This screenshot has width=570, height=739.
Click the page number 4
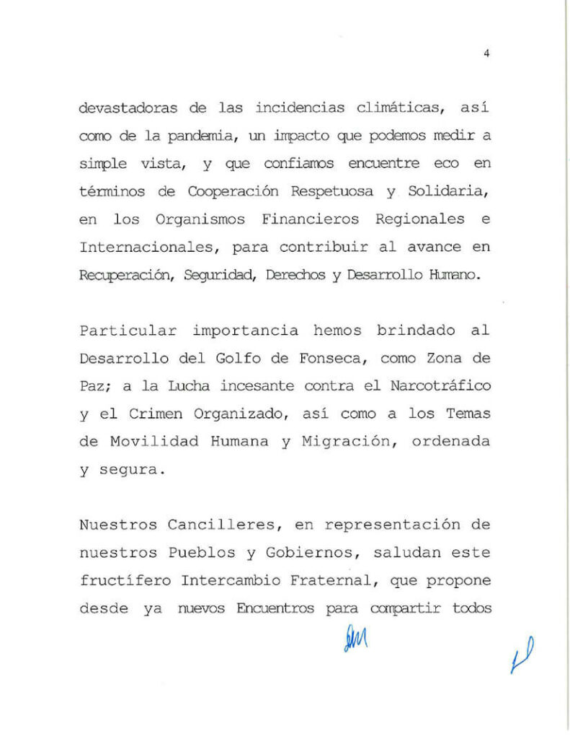point(487,52)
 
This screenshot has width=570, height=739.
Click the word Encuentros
point(275,608)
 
